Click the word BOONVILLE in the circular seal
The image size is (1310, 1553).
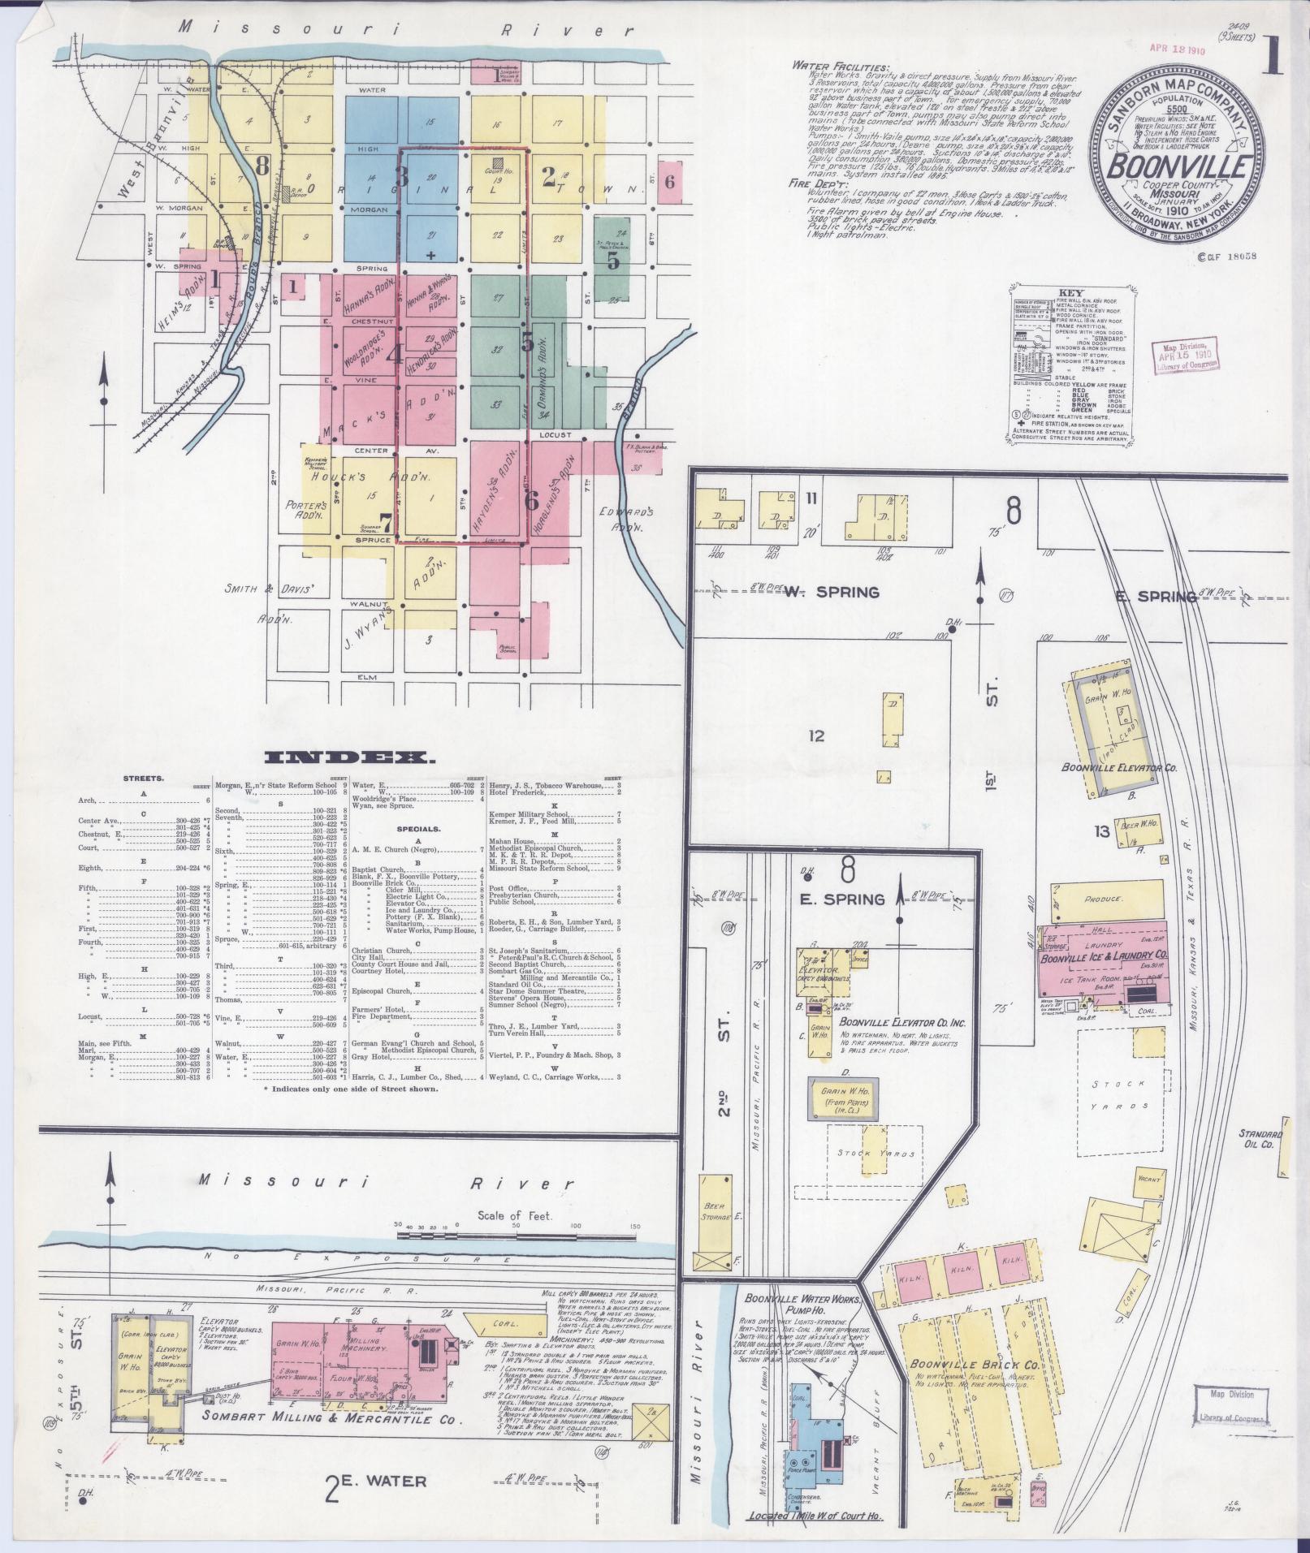tap(1179, 166)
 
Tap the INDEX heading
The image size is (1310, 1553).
tap(349, 758)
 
